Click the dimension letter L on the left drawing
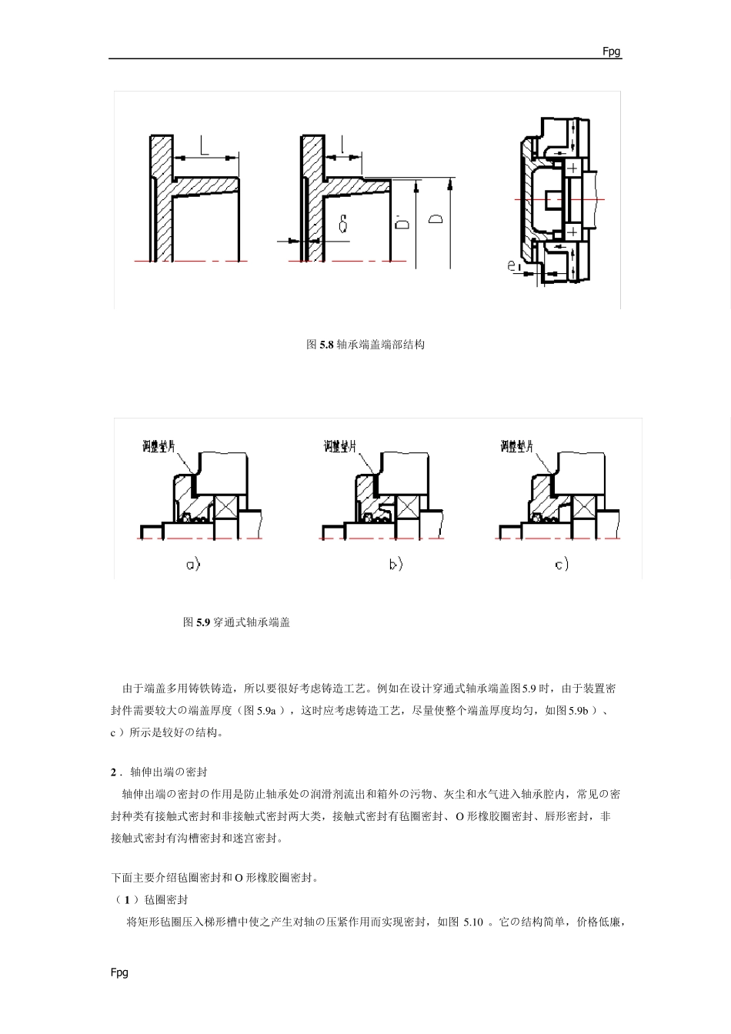click(205, 146)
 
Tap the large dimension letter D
click(436, 220)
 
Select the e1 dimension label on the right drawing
click(515, 267)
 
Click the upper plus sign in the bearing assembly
click(572, 168)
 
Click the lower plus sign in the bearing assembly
click(572, 232)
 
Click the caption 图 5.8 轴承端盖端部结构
click(365, 345)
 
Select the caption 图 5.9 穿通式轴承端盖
click(236, 622)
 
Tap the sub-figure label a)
click(193, 565)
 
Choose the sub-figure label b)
click(396, 565)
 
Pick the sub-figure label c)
click(562, 565)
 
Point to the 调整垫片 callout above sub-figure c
click(516, 446)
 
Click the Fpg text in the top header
click(612, 52)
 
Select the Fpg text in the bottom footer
click(119, 972)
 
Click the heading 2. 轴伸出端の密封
click(159, 772)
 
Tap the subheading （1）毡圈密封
click(150, 899)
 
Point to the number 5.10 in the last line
click(473, 922)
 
